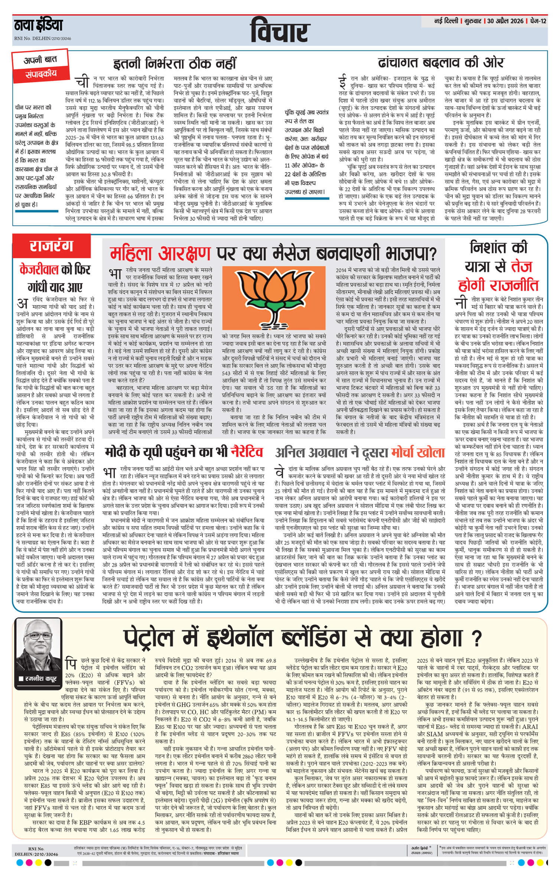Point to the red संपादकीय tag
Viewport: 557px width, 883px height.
[41, 74]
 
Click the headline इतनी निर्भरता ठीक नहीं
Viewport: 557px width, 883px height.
[175, 63]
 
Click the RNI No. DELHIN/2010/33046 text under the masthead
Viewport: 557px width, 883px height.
[42, 39]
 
